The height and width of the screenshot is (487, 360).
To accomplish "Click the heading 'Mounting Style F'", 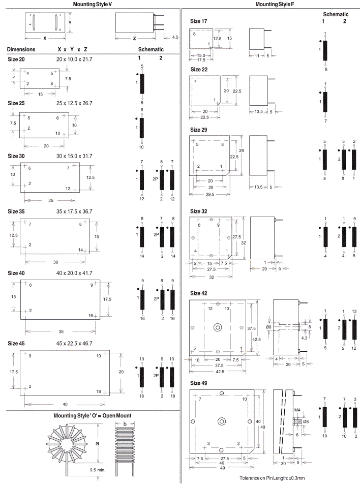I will tap(275, 4).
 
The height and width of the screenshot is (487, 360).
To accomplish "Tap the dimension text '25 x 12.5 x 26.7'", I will tap(74, 103).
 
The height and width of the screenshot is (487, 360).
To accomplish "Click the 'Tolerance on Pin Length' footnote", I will tap(272, 478).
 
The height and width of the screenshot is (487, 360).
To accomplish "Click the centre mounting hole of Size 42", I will tap(219, 327).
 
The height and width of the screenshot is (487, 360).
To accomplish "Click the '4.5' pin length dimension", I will tap(175, 37).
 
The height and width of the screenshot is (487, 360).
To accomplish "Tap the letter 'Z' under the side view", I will tap(133, 39).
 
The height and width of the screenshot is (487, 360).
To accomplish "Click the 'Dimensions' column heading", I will tap(21, 50).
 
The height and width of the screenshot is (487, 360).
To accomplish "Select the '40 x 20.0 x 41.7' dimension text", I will tap(74, 273).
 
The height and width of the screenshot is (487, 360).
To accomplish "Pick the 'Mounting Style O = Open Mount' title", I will tap(93, 416).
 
